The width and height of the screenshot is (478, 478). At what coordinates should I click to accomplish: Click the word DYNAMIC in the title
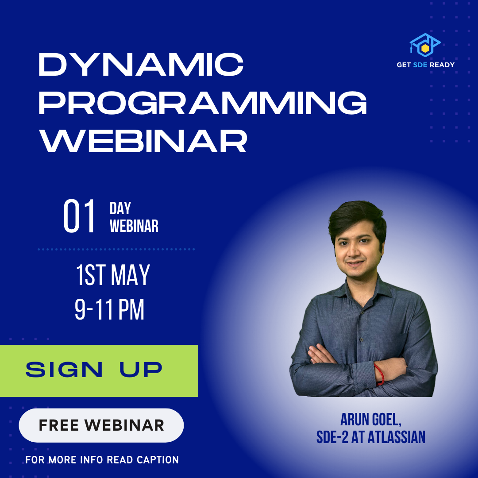coord(141,65)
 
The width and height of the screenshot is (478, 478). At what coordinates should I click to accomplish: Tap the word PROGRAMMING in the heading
coord(202,103)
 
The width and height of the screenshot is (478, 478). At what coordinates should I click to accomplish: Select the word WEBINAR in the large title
coord(142,141)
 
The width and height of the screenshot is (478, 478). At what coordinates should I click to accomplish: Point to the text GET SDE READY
coord(425,65)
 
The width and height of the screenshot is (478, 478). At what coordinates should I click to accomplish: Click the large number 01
coord(80,217)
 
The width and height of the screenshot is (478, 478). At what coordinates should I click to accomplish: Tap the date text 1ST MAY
coord(113,275)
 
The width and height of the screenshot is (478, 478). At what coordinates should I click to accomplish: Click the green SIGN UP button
coord(99,370)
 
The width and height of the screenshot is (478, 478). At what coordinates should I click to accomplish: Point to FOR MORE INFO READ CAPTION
coord(102,460)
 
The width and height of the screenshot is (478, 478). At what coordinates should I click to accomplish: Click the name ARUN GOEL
coord(370,420)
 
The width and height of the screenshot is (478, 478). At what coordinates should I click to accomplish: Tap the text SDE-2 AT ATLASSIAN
coord(370,438)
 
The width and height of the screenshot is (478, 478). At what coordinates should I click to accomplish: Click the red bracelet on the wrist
coord(379,374)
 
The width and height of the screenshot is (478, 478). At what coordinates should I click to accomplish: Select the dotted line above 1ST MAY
coord(116,250)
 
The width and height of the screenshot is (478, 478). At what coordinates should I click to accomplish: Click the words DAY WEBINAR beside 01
coord(134,217)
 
